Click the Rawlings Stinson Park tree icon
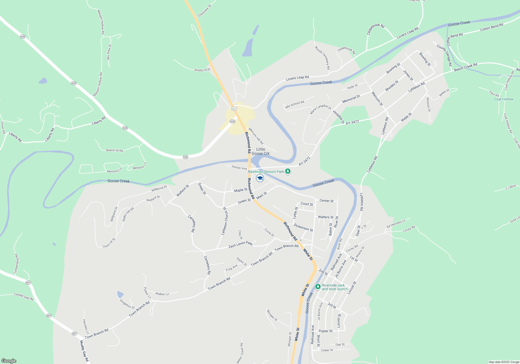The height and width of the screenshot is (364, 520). point(288,171)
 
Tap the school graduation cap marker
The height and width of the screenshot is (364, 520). point(260,178)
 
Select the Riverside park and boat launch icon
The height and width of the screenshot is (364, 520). point(318,287)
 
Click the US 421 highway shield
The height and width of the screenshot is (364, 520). point(234,109)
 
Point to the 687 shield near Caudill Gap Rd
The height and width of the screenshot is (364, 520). point(28,283)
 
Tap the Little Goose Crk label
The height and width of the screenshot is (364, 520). point(261,151)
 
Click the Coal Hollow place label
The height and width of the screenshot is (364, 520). point(504,99)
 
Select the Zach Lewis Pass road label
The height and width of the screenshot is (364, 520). point(240,244)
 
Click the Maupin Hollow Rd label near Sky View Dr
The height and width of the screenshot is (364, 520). point(101,22)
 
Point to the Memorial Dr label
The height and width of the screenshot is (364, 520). point(351,99)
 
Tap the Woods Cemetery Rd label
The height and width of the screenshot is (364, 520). point(322,57)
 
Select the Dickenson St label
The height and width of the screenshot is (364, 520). point(303,227)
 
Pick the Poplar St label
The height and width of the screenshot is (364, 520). point(326,331)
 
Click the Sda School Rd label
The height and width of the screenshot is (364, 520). point(295,105)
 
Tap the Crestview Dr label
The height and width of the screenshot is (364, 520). point(204,11)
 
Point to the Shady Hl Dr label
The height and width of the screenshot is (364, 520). point(202,70)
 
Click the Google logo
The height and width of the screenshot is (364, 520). point(9,361)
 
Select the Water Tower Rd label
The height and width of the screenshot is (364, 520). point(240,353)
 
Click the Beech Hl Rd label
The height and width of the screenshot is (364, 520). point(114,150)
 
